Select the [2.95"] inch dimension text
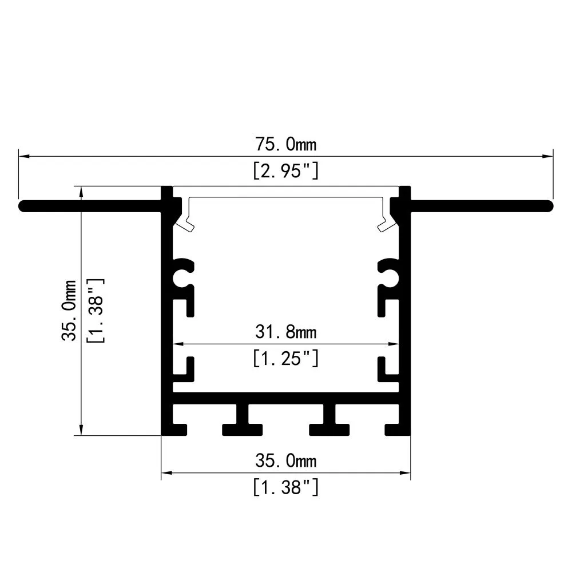point(285,171)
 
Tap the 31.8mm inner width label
point(285,331)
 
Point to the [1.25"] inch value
point(285,359)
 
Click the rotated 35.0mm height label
point(69,310)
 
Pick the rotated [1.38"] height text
point(95,310)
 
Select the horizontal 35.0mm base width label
point(285,460)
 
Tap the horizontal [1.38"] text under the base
point(285,487)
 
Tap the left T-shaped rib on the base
point(243,420)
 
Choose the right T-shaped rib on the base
point(329,420)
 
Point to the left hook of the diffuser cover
point(185,220)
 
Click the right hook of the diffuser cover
point(386,220)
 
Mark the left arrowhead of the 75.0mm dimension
point(23,155)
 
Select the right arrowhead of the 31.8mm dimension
point(394,344)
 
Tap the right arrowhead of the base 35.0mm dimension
point(406,473)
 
